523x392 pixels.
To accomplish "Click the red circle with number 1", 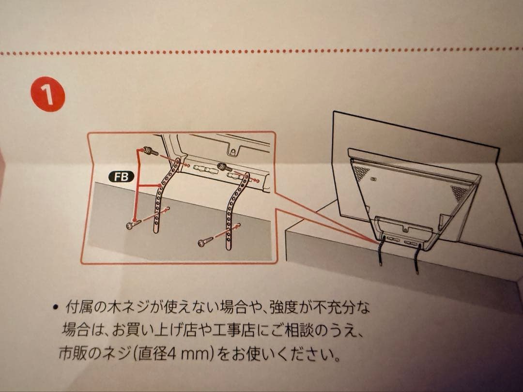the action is pyautogui.click(x=48, y=94).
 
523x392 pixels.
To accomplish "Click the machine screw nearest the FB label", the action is pyautogui.click(x=151, y=151).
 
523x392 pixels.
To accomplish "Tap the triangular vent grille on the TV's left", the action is pyautogui.click(x=361, y=171).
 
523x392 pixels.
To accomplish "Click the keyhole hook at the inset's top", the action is pyautogui.click(x=233, y=149).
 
